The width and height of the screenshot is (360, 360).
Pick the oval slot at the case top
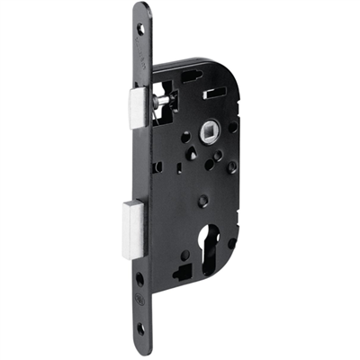193,77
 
